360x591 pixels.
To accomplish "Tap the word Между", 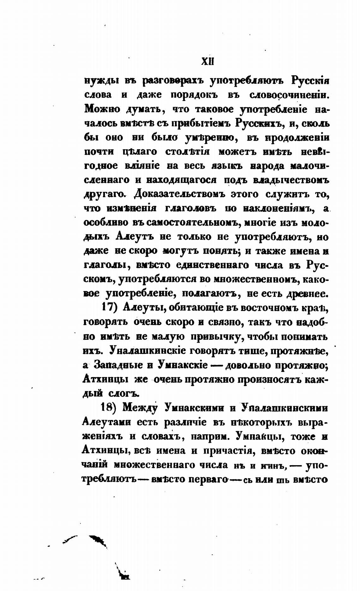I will point(140,408).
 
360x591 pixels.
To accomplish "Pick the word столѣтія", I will point(188,152).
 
